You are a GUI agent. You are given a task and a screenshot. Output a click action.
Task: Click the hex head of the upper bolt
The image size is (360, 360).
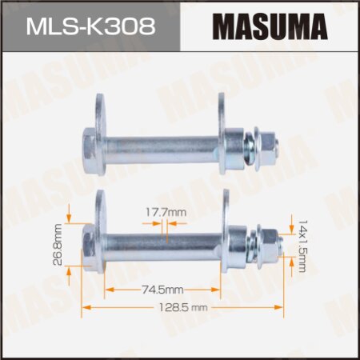(89, 143)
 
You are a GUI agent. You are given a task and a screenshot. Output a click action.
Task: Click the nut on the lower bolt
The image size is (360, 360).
(269, 238)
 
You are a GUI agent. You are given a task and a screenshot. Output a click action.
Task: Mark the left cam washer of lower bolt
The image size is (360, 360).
(101, 236)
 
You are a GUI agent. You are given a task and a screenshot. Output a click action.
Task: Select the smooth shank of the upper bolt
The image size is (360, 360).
(160, 146)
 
